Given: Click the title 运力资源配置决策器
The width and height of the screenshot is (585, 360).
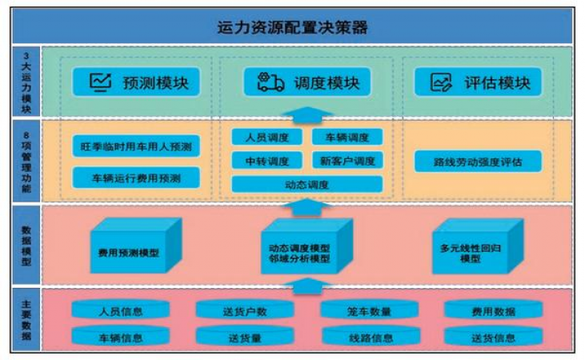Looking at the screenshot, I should point(292,26).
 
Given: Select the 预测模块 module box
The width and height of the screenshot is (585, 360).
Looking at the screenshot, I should point(134,82).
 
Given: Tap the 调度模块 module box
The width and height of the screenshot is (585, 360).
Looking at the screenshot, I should point(307,82).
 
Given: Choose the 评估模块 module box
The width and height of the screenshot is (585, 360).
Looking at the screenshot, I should point(477,82).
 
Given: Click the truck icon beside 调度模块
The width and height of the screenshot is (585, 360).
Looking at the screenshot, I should point(269,82).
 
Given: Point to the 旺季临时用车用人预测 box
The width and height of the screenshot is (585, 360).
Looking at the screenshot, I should point(135,147).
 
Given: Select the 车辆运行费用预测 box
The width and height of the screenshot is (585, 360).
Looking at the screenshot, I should point(135,177).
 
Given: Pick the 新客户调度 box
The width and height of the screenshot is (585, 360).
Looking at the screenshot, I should point(347,160).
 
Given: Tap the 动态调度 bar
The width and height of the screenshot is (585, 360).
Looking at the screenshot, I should point(307,184).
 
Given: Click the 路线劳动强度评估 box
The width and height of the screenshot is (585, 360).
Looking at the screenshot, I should point(478,161).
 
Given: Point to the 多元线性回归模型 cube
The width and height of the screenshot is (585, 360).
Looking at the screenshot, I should point(477,249).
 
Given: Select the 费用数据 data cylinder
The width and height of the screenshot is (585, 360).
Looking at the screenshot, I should point(492,310).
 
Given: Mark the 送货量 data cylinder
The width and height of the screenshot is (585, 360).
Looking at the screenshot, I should point(244,336).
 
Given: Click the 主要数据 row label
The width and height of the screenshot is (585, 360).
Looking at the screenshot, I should point(26,318).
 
